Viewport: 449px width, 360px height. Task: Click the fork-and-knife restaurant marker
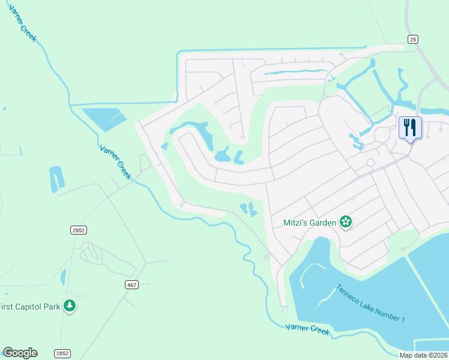(x=411, y=128)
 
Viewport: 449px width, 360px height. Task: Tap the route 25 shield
(x=412, y=39)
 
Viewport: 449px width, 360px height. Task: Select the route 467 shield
(x=132, y=284)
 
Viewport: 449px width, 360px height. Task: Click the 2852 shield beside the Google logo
(x=61, y=353)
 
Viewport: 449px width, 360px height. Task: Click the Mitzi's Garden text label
(x=310, y=223)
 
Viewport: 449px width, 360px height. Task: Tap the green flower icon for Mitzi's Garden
(x=345, y=223)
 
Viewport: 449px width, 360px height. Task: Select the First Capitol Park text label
(x=30, y=307)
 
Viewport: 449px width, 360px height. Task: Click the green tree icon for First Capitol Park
(x=70, y=306)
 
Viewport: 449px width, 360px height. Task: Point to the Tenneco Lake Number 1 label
(x=370, y=303)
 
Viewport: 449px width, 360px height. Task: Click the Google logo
(x=20, y=353)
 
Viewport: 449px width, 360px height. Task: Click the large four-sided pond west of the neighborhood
(x=103, y=119)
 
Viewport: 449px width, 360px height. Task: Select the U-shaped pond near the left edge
(x=56, y=179)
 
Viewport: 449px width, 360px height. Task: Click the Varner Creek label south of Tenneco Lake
(x=308, y=329)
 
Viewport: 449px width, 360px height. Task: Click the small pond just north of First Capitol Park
(x=63, y=277)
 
